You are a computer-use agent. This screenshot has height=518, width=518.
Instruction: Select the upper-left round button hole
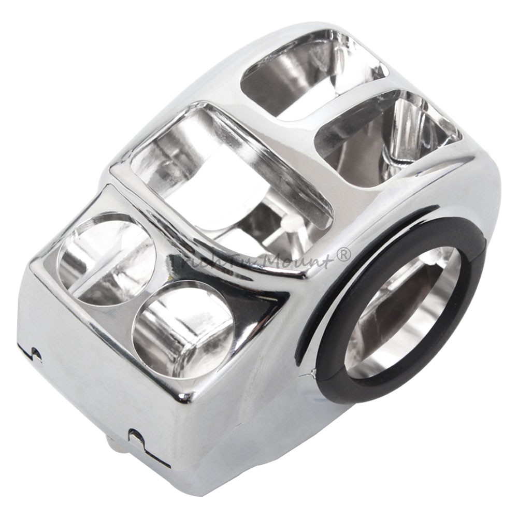pos(106,259)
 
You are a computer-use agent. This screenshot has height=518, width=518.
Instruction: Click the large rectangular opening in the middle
pos(228,171)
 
